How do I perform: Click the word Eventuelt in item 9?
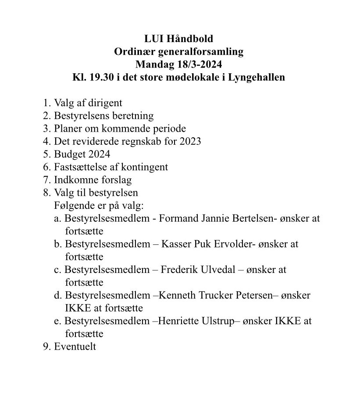pyautogui.click(x=75, y=347)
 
